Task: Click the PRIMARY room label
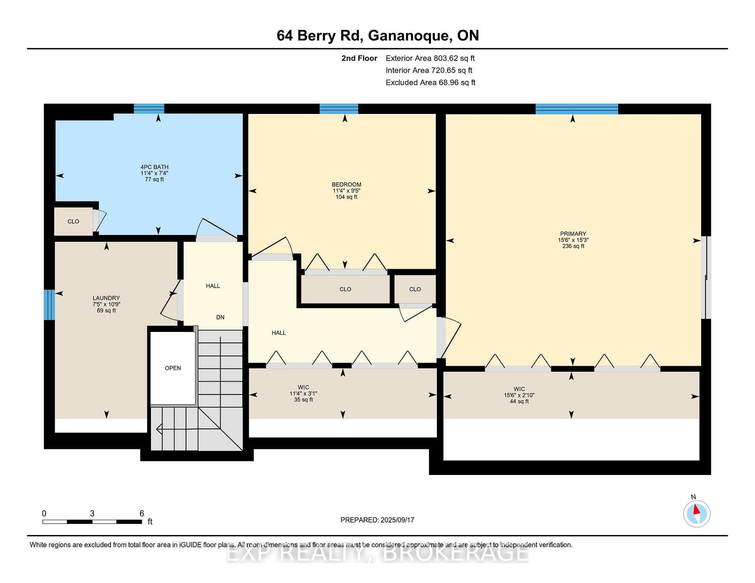pyautogui.click(x=573, y=234)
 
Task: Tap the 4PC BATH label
pyautogui.click(x=155, y=167)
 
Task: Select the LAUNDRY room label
pyautogui.click(x=106, y=298)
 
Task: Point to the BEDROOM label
pyautogui.click(x=346, y=185)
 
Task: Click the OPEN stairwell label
pyautogui.click(x=173, y=368)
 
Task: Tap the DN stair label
pyautogui.click(x=220, y=317)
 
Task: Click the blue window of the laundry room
pyautogui.click(x=49, y=305)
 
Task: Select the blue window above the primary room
pyautogui.click(x=577, y=109)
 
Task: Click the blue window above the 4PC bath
pyautogui.click(x=149, y=108)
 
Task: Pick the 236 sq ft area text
pyautogui.click(x=573, y=246)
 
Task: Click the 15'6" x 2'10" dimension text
pyautogui.click(x=519, y=395)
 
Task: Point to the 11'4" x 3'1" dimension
pyautogui.click(x=303, y=394)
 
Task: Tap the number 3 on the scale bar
pyautogui.click(x=92, y=513)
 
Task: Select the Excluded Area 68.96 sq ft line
pyautogui.click(x=431, y=82)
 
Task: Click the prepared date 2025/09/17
pyautogui.click(x=397, y=520)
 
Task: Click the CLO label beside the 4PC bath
pyautogui.click(x=74, y=222)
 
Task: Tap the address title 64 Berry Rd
pyautogui.click(x=319, y=36)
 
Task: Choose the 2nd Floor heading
pyautogui.click(x=359, y=58)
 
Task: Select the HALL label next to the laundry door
pyautogui.click(x=213, y=286)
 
